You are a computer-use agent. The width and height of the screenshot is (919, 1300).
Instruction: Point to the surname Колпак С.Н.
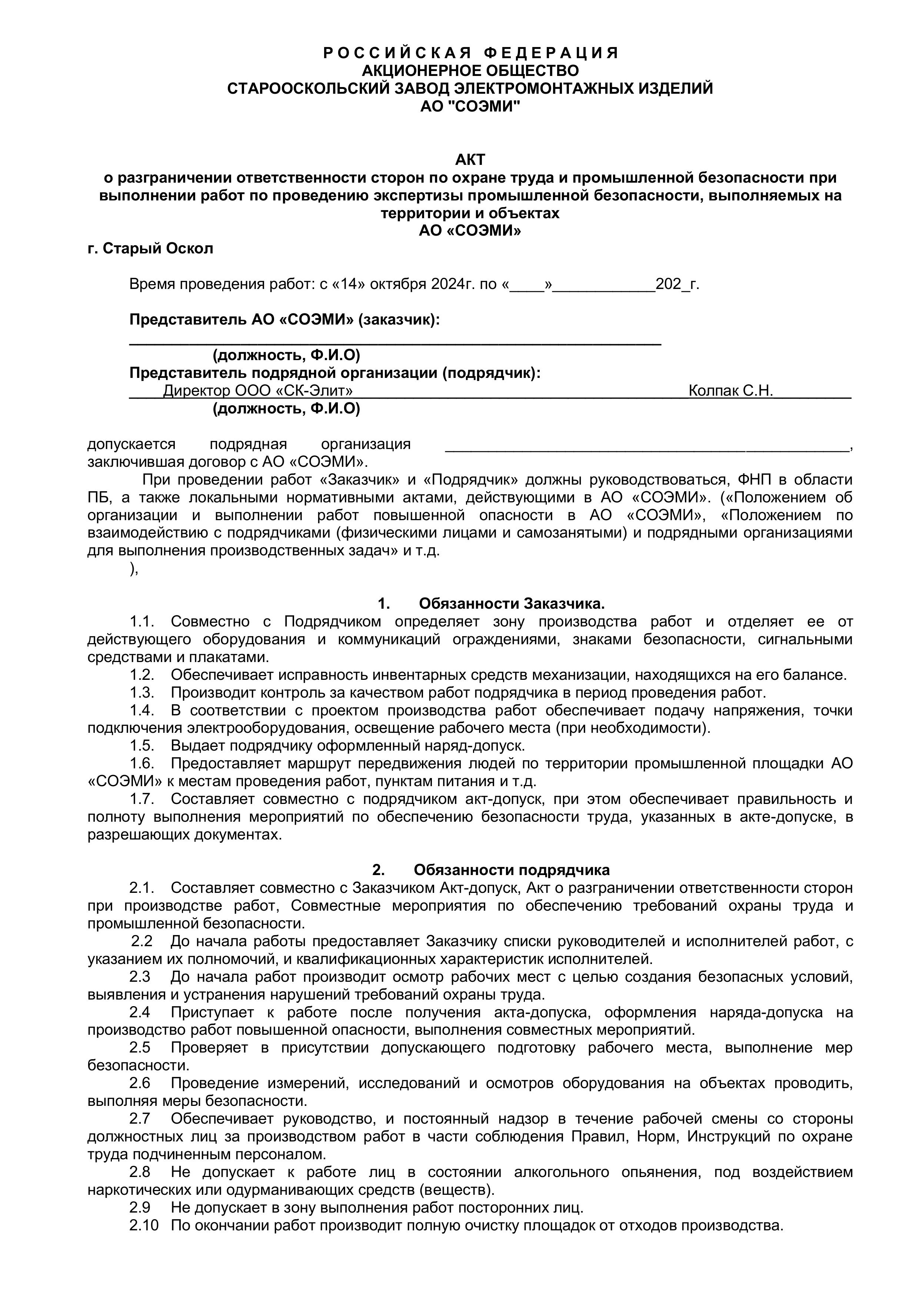(x=730, y=391)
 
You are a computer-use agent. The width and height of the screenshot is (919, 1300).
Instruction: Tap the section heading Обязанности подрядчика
(x=511, y=870)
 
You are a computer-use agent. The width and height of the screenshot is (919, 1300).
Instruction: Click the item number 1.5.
(x=141, y=746)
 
